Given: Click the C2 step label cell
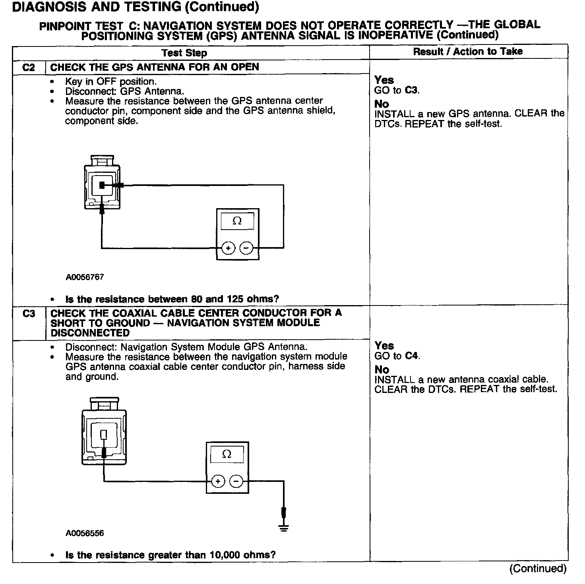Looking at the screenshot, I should (29, 68).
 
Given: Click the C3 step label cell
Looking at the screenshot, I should (29, 314).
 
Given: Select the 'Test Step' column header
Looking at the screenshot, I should (184, 53).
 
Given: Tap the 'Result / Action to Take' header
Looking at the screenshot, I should (468, 52).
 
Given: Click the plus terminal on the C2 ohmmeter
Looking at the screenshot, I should (228, 248).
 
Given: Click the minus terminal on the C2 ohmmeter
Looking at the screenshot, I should (246, 248).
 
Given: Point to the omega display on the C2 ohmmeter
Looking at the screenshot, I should (237, 221).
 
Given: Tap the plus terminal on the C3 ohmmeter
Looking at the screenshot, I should (218, 482).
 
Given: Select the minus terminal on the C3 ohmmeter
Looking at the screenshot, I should (236, 482).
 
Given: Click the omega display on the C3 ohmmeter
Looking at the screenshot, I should (227, 454).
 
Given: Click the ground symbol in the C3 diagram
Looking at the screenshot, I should (283, 528).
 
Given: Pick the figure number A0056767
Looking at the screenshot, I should (85, 277).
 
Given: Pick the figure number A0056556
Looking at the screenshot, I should (85, 533).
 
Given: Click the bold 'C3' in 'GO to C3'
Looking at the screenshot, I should (412, 91).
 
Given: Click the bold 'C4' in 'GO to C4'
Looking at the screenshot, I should (412, 356).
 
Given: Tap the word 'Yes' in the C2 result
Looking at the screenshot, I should (384, 80).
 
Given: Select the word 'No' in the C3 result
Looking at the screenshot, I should (382, 369).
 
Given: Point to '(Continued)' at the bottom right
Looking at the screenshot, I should (538, 569).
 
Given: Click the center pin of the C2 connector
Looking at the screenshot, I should (102, 185).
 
